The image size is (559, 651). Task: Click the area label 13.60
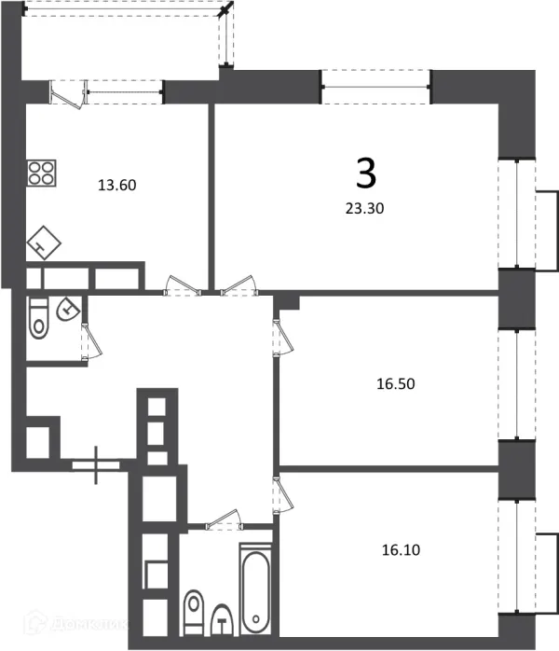point(117,185)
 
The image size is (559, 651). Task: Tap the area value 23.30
point(364,210)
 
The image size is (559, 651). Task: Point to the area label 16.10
point(402,549)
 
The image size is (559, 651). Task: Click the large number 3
point(366,173)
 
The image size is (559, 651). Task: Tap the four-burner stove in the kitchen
point(41,173)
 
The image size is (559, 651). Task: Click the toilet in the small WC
point(38,318)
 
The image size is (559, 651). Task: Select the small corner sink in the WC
point(68,309)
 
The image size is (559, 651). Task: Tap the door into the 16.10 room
point(279,493)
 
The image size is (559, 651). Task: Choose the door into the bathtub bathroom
point(223,517)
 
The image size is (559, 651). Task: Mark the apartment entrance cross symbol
point(97,463)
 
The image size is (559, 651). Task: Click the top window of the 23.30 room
point(376,89)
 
